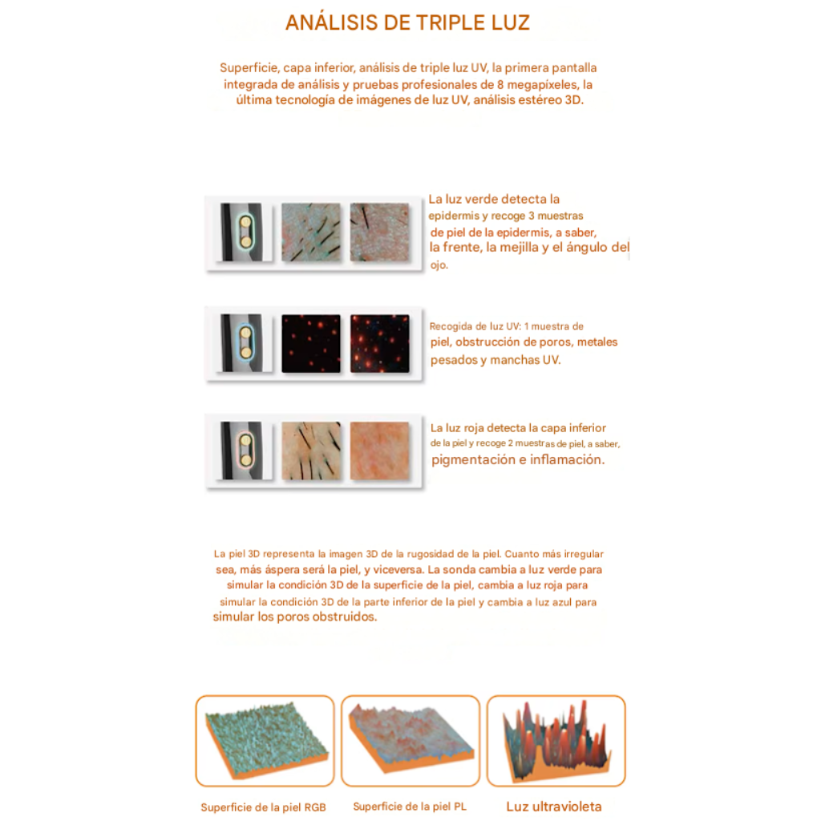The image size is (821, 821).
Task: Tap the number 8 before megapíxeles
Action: click(x=500, y=84)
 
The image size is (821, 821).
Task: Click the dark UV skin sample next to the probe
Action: click(x=311, y=343)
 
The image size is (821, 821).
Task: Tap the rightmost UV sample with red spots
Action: click(x=379, y=343)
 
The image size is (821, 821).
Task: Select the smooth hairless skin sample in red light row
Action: click(x=379, y=451)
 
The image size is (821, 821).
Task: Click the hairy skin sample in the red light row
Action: click(x=311, y=451)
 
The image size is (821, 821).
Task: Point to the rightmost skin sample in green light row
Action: click(x=379, y=232)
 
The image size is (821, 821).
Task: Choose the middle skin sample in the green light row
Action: click(x=311, y=232)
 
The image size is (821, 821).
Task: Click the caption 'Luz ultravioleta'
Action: click(x=554, y=807)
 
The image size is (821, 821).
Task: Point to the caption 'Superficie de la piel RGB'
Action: click(x=263, y=807)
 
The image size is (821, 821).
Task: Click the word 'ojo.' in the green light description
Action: click(x=439, y=265)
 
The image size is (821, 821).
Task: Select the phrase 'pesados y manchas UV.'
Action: click(x=495, y=360)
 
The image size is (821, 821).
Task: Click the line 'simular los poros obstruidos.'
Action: click(x=295, y=617)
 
